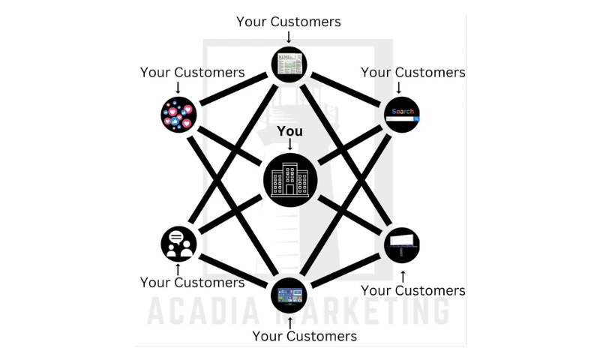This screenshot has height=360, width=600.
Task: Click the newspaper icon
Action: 289,65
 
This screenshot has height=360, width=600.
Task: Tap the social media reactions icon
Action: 178,115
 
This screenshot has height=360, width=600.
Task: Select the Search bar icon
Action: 402,115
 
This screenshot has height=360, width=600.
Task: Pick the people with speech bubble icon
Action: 178,244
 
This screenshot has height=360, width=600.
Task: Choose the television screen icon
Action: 289,295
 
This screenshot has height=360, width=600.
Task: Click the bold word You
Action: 290,131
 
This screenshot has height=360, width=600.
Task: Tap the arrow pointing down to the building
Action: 290,144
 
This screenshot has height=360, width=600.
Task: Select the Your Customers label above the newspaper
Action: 289,22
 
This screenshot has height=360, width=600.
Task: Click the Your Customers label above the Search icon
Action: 413,73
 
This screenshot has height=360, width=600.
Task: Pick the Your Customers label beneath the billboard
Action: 413,290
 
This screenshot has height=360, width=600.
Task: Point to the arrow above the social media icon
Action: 178,87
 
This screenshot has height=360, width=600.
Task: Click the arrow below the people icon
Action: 178,268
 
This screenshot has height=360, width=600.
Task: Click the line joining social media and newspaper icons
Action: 233,90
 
